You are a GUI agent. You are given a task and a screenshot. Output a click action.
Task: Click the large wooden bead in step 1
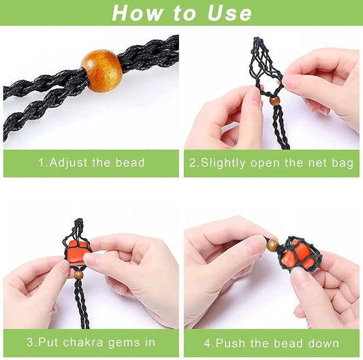point(101,70)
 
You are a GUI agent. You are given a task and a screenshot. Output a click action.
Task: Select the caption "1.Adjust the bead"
point(91,163)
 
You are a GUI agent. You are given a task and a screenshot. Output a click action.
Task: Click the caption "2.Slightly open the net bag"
point(272,163)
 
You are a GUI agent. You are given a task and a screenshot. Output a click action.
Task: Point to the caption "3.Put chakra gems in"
point(91,343)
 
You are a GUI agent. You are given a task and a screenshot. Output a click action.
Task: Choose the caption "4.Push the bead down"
point(272,343)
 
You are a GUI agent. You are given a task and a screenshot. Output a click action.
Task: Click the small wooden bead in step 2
point(274,100)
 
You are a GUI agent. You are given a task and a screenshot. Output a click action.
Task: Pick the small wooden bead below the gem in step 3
point(79,274)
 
